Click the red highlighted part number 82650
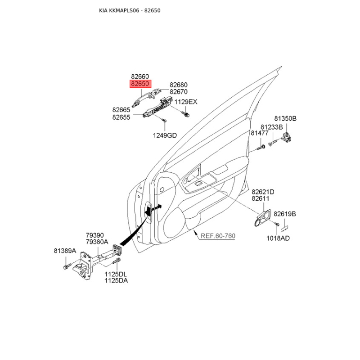tap(140, 84)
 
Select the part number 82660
tap(140, 76)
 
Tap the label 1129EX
tap(186, 102)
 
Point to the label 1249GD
tap(165, 135)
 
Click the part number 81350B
tap(285, 118)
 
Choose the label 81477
tap(260, 133)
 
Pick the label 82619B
tap(285, 214)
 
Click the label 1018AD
tap(278, 238)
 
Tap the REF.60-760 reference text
tap(218, 236)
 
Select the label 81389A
tap(65, 251)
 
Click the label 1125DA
tap(116, 280)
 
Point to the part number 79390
tap(95, 235)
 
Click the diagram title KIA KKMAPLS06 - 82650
tap(130, 10)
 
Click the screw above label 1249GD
tap(164, 120)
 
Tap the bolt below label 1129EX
tap(185, 114)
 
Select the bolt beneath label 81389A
tap(66, 267)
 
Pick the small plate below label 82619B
tap(285, 228)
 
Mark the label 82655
tap(121, 117)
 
